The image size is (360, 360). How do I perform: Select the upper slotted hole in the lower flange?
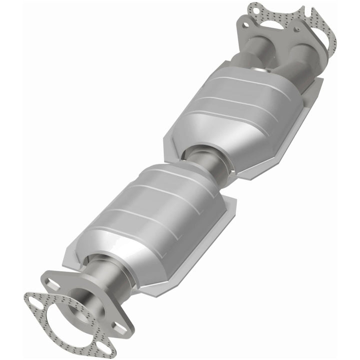click(x=51, y=283)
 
